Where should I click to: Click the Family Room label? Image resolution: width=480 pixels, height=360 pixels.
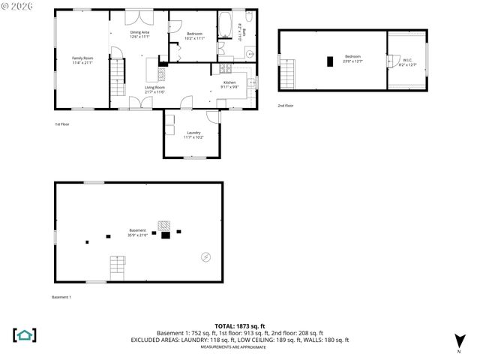(82, 60)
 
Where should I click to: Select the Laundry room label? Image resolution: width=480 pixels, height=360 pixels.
(193, 135)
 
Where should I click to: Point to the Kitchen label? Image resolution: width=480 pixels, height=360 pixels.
(229, 85)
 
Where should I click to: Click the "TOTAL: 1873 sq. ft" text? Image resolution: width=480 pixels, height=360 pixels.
(240, 325)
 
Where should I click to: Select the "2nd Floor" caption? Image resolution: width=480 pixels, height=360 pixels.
(286, 106)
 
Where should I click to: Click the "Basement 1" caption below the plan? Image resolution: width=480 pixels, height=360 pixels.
(61, 298)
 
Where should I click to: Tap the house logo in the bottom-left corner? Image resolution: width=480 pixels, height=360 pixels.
(25, 334)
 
